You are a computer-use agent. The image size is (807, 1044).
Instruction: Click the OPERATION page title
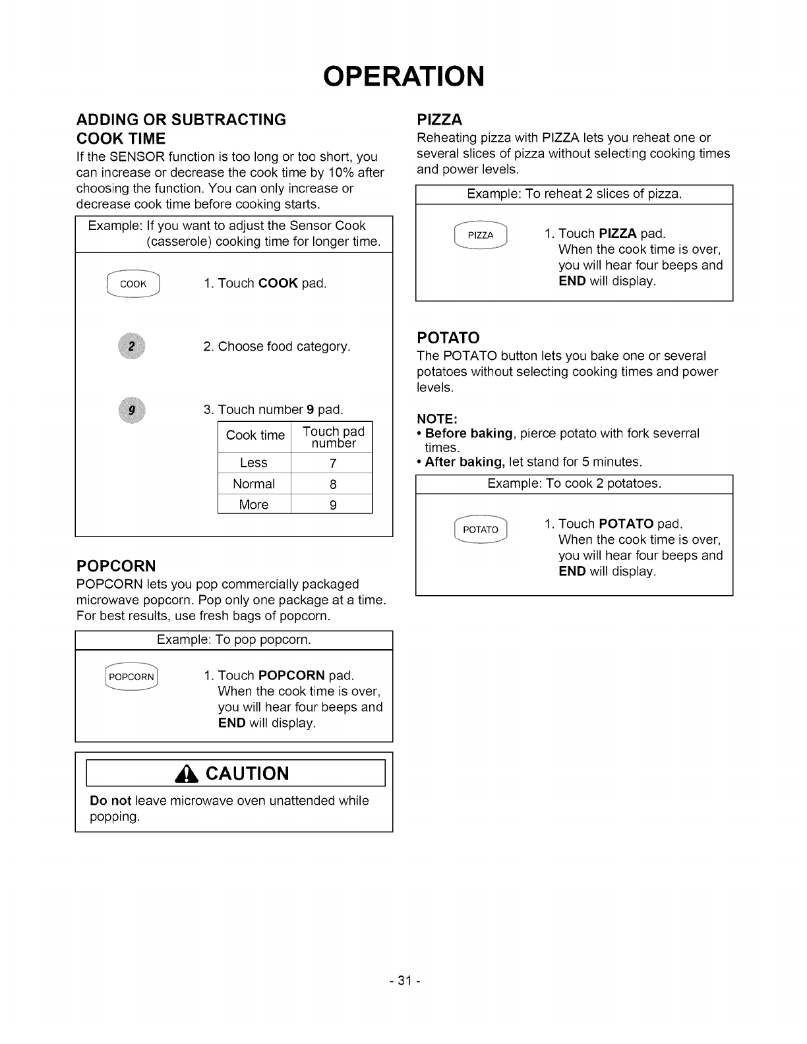point(403,76)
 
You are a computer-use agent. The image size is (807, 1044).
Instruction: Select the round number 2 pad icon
point(132,347)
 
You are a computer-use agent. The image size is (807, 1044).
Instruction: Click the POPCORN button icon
point(131,676)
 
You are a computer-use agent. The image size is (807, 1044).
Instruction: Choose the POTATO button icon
point(480,529)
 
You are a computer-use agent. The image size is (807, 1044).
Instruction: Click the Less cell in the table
point(254,463)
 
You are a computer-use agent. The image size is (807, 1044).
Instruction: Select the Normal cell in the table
point(254,484)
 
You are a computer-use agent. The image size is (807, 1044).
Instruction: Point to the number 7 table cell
point(333,463)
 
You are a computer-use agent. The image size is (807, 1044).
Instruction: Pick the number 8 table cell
point(333,484)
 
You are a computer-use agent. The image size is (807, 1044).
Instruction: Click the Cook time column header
point(255,436)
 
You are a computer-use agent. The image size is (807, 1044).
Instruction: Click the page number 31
point(403,981)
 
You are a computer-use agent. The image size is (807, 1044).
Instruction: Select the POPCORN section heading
point(116,566)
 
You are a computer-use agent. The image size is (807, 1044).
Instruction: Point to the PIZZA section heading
point(440,120)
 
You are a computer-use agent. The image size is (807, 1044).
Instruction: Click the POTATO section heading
point(448,339)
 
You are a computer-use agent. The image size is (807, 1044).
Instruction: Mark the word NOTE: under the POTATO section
point(437,419)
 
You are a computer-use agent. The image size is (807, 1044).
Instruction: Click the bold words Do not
point(110,801)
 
